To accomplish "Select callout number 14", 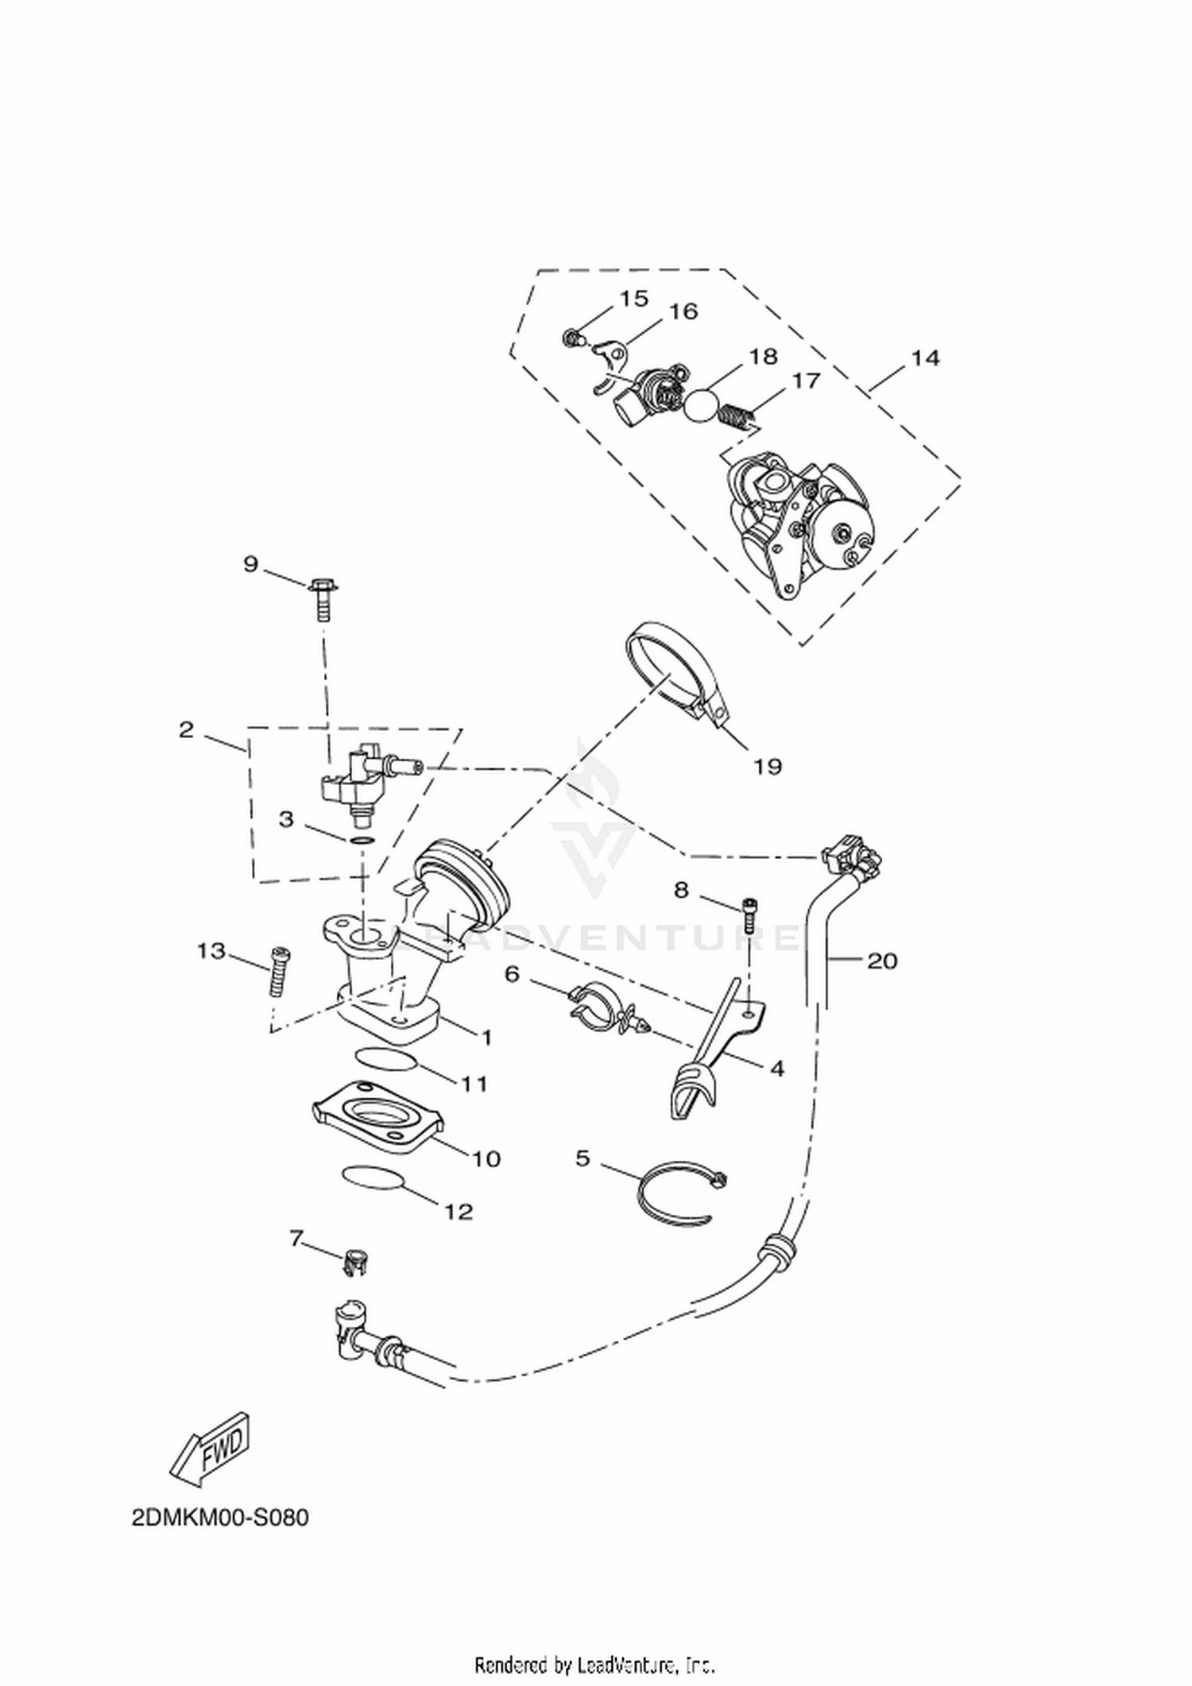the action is (x=925, y=358).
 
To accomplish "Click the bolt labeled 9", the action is (x=323, y=598).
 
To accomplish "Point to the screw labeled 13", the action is (x=280, y=972).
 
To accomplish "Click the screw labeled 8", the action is (x=749, y=915).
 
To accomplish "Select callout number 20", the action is (x=882, y=961).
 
